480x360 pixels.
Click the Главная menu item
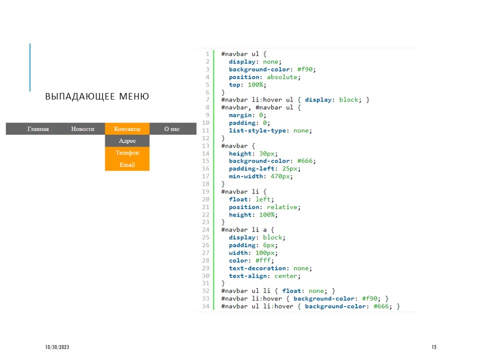click(38, 129)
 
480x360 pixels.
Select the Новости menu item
click(82, 129)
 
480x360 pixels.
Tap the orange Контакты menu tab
click(127, 129)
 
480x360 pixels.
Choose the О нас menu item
click(171, 129)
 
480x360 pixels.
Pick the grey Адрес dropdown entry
click(127, 141)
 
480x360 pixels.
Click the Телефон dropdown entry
click(127, 153)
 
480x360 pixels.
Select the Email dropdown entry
click(127, 164)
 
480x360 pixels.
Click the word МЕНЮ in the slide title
click(134, 96)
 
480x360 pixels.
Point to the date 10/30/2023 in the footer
click(57, 347)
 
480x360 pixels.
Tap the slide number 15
click(434, 347)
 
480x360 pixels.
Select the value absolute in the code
click(282, 77)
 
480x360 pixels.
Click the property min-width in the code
click(246, 176)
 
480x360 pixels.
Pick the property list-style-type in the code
click(257, 130)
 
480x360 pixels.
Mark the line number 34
click(205, 306)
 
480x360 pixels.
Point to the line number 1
click(207, 54)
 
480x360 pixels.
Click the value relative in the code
click(282, 207)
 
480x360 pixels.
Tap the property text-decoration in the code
click(257, 268)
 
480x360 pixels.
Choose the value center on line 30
click(285, 276)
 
